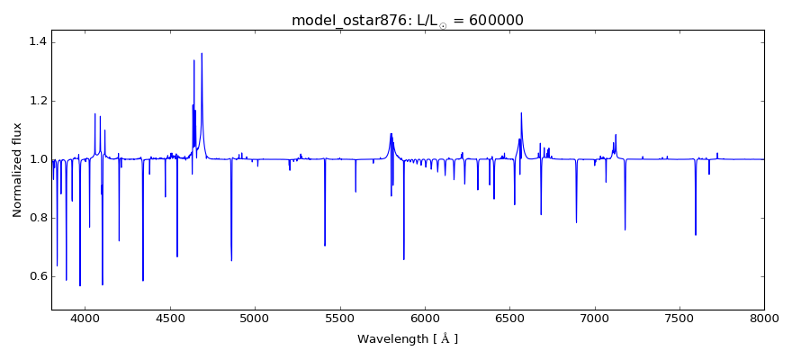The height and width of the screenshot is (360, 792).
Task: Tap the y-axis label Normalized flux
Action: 17,170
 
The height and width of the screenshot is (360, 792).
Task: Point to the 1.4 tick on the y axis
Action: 37,42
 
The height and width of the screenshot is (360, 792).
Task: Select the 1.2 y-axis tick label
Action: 37,101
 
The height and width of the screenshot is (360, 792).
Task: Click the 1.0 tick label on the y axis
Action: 37,159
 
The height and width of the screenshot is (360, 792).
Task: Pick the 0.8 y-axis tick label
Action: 37,218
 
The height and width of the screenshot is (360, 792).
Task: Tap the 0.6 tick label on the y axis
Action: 37,276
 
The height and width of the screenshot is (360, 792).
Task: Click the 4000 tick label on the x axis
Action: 85,319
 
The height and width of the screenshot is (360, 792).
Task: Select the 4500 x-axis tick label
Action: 170,319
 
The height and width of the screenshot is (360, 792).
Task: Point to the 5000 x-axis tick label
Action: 255,319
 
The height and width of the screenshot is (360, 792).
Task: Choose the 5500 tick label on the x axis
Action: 339,319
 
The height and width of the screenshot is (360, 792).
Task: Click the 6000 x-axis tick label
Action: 425,319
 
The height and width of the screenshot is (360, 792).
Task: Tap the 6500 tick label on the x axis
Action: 509,319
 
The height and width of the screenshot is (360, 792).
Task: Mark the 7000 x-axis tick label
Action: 595,319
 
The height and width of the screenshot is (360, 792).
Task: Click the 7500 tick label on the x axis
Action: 679,319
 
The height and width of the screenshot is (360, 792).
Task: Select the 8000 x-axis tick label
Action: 764,319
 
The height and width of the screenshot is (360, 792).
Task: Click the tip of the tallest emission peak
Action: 202,53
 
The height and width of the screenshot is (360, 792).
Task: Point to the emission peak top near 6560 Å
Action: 521,112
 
